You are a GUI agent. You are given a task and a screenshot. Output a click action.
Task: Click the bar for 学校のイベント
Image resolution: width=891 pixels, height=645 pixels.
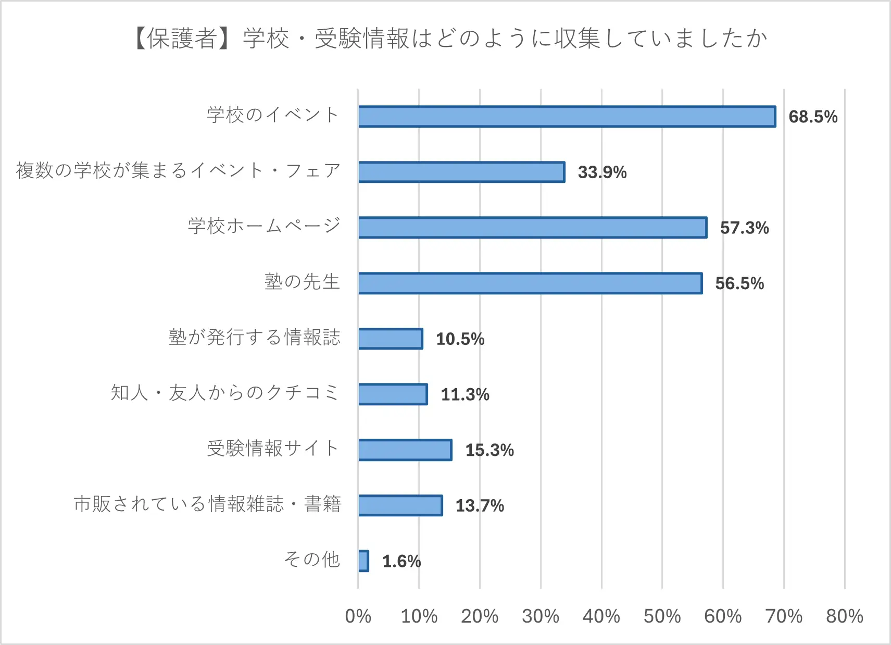click(567, 117)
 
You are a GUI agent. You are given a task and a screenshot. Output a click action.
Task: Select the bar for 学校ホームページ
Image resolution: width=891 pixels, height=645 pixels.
click(532, 228)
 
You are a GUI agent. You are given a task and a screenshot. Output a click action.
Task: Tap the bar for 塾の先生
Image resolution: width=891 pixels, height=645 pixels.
click(530, 283)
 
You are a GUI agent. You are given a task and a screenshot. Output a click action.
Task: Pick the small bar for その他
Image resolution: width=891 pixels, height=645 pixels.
click(363, 561)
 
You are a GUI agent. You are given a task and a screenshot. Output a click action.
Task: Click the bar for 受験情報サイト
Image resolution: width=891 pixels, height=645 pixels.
click(405, 450)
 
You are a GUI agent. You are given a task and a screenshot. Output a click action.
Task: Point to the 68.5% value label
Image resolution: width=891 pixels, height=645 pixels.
click(813, 117)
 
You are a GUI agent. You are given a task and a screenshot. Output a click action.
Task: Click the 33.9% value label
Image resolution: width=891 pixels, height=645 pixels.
click(602, 172)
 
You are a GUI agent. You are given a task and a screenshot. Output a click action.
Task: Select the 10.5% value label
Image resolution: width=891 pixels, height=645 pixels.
click(460, 339)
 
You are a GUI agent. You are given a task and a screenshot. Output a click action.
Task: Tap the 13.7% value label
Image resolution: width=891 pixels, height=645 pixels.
click(480, 506)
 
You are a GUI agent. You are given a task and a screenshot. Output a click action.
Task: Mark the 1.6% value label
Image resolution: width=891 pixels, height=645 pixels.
click(401, 561)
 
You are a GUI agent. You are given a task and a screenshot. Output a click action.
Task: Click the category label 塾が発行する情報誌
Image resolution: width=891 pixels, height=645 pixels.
click(254, 338)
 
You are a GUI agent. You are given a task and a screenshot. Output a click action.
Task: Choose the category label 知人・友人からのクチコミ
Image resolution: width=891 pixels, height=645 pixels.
click(225, 393)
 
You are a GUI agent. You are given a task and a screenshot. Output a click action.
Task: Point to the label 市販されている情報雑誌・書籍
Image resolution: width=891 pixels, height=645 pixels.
click(207, 504)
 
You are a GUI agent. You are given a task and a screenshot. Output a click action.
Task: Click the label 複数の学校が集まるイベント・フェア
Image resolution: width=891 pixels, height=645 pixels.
click(178, 171)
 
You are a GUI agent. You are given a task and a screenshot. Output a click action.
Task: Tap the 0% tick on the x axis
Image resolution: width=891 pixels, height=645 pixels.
click(358, 616)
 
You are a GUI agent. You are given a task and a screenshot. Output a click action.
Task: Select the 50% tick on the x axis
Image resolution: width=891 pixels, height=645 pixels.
click(662, 616)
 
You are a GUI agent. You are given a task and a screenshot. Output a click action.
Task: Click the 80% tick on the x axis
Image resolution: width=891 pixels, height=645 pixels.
click(844, 616)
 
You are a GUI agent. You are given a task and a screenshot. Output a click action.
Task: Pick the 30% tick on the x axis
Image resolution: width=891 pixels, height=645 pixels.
click(541, 616)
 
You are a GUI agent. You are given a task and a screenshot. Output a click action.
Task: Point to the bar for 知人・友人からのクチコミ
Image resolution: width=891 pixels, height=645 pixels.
click(393, 394)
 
